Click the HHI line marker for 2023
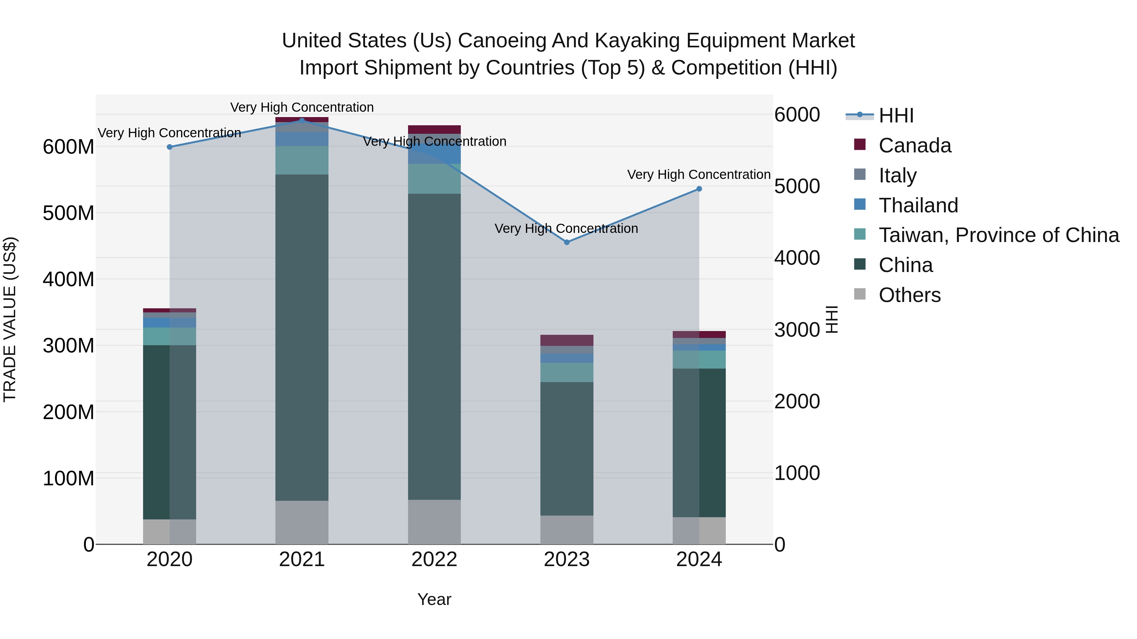point(567,242)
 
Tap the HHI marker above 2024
point(699,189)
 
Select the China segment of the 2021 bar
point(302,337)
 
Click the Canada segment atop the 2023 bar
point(567,340)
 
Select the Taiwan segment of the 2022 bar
point(434,179)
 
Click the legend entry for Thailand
point(918,205)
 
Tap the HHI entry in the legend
point(896,115)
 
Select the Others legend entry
point(909,295)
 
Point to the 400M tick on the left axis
point(69,279)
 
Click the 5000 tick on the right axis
point(797,186)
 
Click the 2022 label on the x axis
point(434,559)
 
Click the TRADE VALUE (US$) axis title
point(10,319)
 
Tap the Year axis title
point(434,599)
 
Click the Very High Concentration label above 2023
point(566,228)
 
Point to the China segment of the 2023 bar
point(567,448)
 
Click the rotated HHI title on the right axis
point(832,319)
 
